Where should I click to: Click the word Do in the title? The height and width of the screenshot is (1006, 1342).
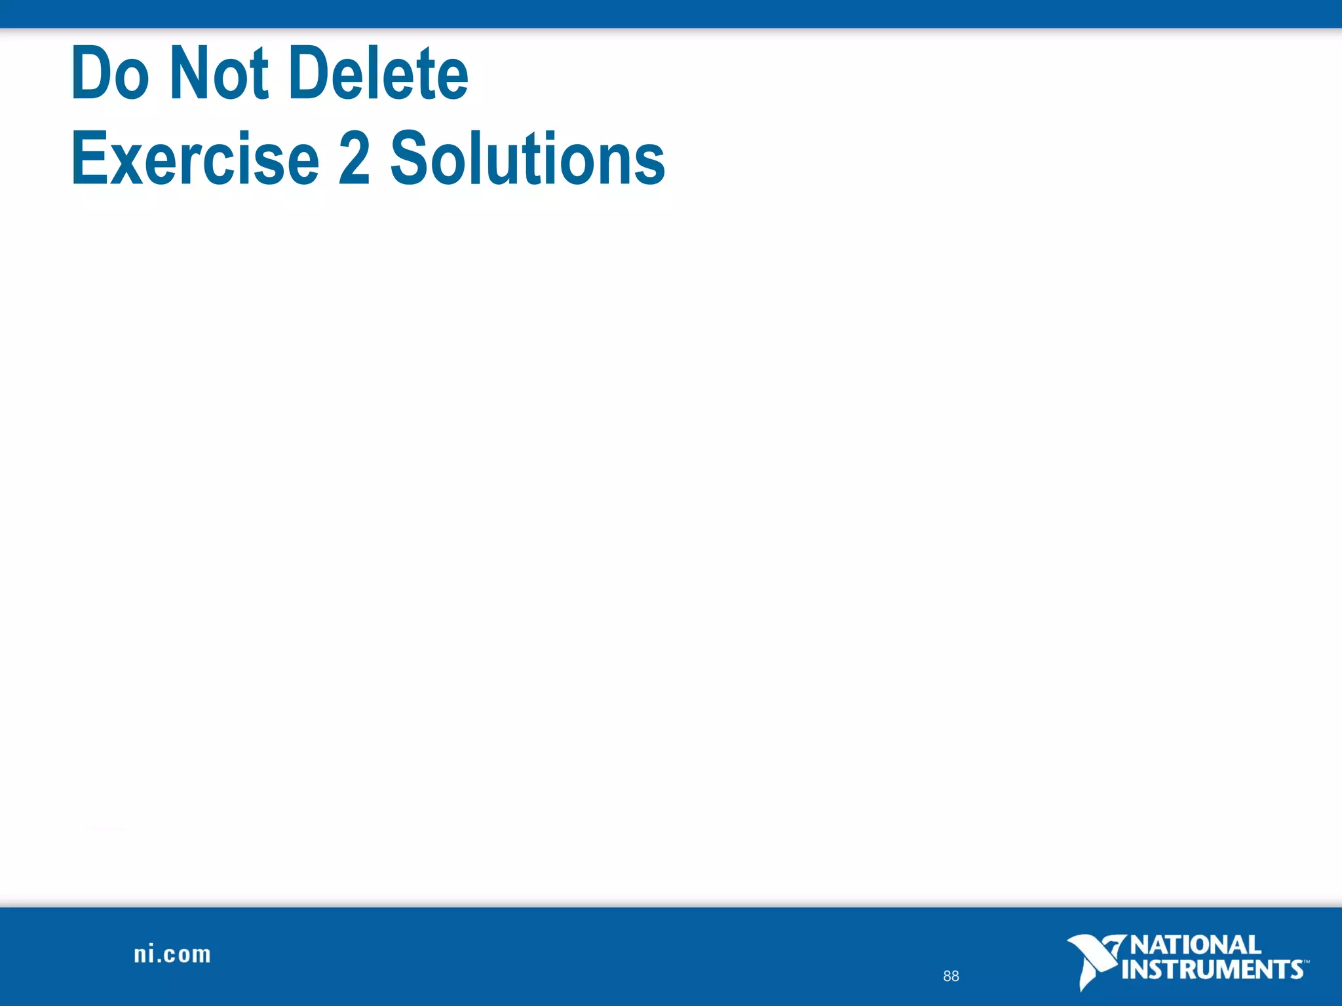click(x=110, y=73)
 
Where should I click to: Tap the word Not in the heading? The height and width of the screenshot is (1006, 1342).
click(x=219, y=73)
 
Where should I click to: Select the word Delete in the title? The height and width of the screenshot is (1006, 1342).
click(x=378, y=73)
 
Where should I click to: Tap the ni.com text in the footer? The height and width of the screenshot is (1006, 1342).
click(x=172, y=954)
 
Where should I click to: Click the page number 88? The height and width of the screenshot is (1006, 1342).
click(x=951, y=976)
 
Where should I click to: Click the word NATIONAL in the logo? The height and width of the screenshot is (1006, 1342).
click(x=1195, y=945)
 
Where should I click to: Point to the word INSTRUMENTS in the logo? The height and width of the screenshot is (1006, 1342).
click(x=1212, y=969)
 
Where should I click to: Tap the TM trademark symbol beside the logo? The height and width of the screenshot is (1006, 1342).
click(x=1306, y=962)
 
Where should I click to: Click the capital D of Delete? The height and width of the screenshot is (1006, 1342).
click(x=309, y=73)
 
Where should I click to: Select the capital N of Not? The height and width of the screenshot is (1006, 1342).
click(x=190, y=73)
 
